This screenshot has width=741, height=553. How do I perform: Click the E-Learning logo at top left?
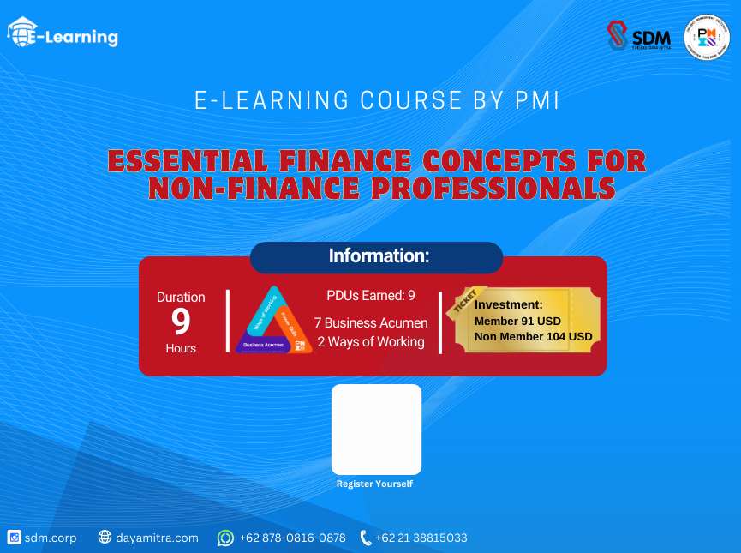(x=63, y=34)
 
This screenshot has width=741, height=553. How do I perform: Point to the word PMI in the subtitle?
(x=538, y=100)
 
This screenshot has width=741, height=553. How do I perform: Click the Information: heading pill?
(x=376, y=257)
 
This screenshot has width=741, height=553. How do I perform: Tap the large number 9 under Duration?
(x=181, y=322)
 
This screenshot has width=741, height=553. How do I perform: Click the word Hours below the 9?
(x=181, y=348)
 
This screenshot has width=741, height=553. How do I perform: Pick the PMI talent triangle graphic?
(x=272, y=321)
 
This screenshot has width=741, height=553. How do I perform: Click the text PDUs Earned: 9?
(x=371, y=296)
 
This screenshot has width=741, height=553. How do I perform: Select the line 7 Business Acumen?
(x=371, y=323)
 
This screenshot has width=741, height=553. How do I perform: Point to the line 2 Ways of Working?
(x=371, y=342)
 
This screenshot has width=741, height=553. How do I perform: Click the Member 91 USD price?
(x=517, y=321)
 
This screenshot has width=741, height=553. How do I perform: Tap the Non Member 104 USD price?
(x=533, y=336)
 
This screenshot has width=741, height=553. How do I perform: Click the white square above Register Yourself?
(x=376, y=429)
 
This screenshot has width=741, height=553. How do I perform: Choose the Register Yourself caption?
(x=374, y=484)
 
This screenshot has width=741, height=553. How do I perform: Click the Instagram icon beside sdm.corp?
(x=14, y=538)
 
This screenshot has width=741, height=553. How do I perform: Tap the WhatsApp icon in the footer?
(x=225, y=538)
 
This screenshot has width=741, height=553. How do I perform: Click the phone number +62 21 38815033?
(x=421, y=538)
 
